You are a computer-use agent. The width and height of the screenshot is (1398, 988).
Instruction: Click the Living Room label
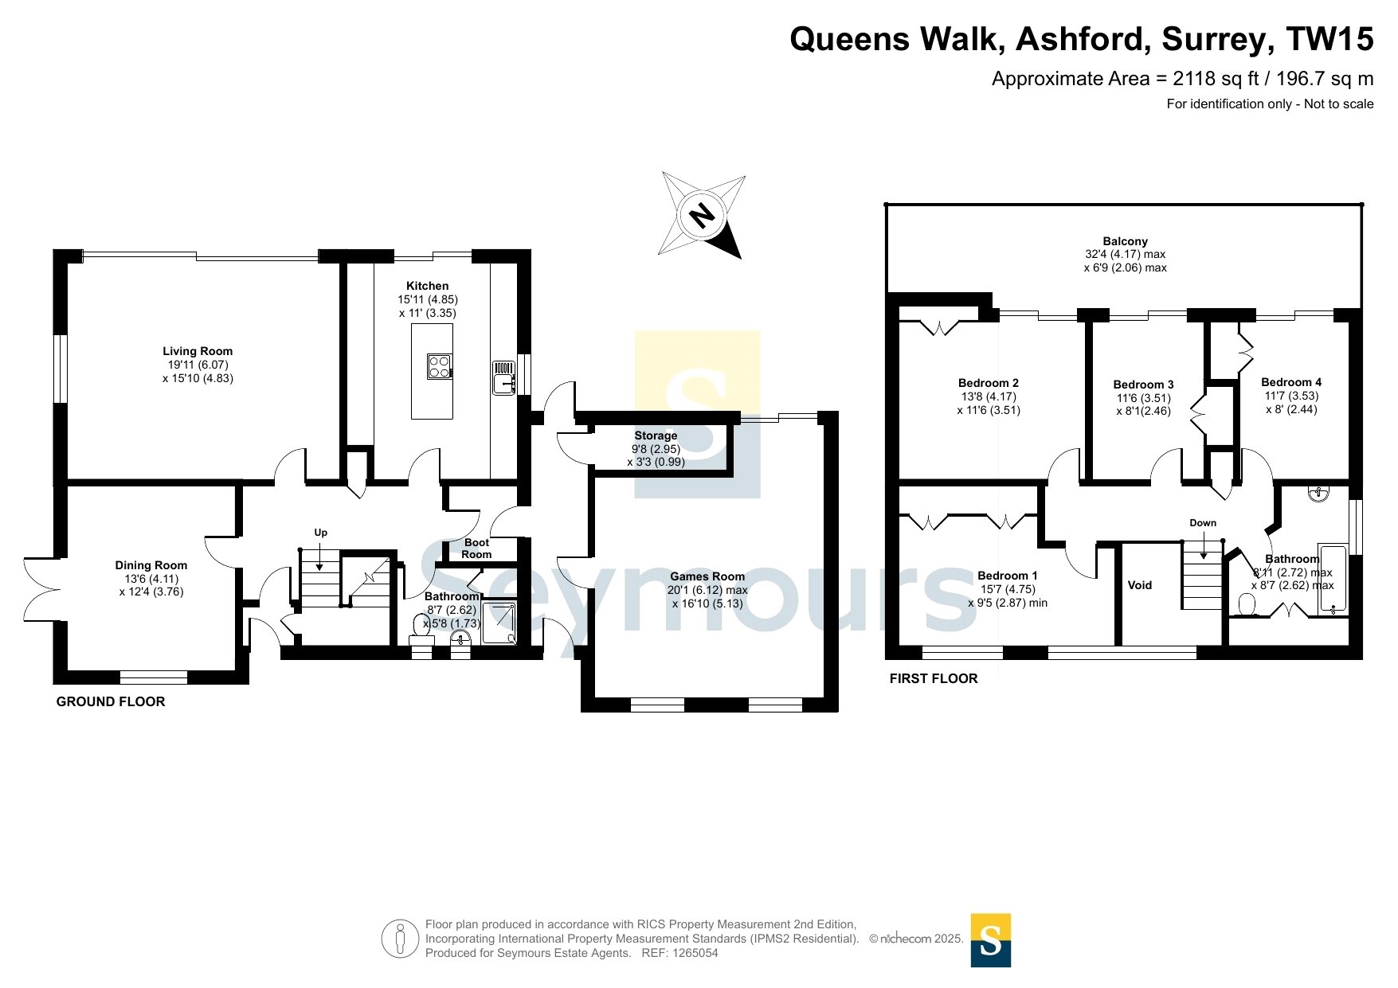click(x=198, y=351)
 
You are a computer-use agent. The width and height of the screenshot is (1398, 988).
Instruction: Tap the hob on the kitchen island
click(x=440, y=366)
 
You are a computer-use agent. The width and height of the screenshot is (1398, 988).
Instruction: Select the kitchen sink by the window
click(x=504, y=377)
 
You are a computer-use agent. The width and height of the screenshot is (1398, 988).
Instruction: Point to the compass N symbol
click(x=702, y=215)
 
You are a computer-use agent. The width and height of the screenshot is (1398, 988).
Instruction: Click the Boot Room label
click(x=476, y=549)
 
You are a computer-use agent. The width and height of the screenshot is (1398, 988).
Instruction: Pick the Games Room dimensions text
click(x=707, y=597)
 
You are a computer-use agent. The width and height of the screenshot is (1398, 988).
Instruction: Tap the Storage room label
click(x=656, y=435)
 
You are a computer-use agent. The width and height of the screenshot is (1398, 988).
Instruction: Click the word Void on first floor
click(x=1140, y=585)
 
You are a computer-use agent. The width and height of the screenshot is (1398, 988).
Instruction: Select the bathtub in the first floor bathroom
click(x=1333, y=579)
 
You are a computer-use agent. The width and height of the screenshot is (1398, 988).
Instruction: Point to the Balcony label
click(x=1125, y=241)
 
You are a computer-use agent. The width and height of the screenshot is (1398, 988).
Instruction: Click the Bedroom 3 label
click(x=1143, y=385)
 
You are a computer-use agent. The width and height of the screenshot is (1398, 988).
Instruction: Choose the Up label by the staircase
click(x=320, y=533)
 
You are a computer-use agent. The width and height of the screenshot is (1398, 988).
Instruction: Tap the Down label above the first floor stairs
click(x=1203, y=523)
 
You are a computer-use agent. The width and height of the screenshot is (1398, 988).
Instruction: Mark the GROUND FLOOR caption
click(x=111, y=701)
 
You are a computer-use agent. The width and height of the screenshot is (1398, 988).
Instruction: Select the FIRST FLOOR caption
click(x=934, y=678)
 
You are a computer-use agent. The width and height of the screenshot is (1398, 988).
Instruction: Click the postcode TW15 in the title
click(x=1330, y=39)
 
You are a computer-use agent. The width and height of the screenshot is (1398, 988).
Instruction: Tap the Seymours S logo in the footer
click(x=991, y=940)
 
